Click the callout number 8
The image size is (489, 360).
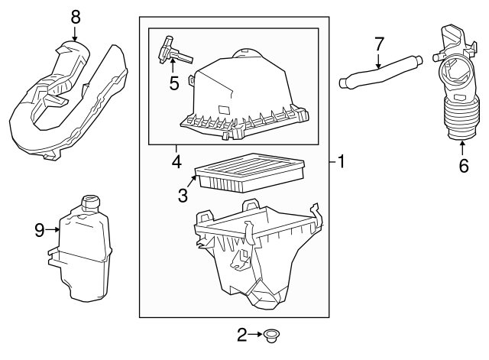point(76,17)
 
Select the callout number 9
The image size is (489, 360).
point(40,231)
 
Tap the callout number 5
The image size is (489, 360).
point(174,83)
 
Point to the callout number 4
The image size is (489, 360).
point(176,162)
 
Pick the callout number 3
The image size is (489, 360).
point(183,195)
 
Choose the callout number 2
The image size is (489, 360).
point(242,335)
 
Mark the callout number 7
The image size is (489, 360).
point(379,44)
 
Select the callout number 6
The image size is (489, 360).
point(464,165)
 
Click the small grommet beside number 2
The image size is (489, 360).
point(271,336)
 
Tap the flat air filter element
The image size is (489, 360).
point(250,173)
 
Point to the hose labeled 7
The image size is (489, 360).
point(381,71)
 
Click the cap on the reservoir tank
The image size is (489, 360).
point(90,202)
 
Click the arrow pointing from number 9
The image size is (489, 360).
point(53,230)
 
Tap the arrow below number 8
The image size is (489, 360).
point(75,33)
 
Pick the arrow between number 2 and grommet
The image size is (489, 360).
point(256,334)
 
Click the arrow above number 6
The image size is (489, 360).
point(462,148)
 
